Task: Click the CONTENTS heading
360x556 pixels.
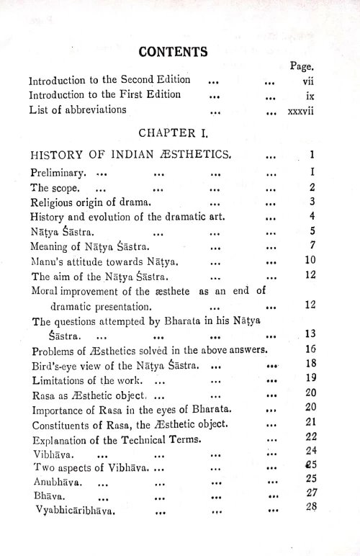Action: point(173,52)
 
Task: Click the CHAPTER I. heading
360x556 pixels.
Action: point(173,132)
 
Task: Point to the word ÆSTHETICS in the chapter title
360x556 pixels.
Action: point(194,154)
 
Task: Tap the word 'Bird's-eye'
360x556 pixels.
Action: point(60,365)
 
